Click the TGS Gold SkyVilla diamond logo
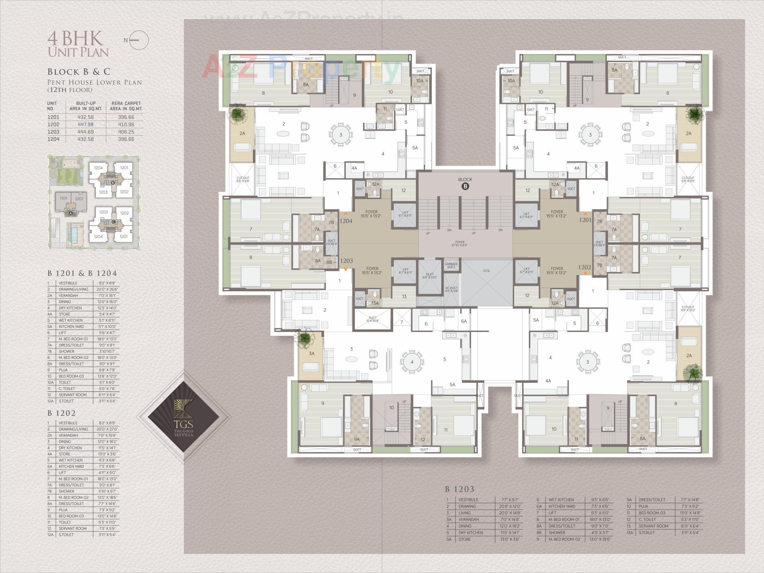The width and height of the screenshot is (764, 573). point(183,417)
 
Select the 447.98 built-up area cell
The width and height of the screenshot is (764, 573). point(86,125)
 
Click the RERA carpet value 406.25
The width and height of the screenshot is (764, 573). point(126,132)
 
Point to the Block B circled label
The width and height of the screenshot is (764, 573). point(465,186)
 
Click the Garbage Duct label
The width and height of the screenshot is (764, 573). point(451,265)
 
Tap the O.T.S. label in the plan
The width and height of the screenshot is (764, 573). point(486,271)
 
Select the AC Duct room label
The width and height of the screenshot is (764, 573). point(451,289)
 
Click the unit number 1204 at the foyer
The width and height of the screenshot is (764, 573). point(346,221)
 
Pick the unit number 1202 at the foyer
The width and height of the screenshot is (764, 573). point(584,267)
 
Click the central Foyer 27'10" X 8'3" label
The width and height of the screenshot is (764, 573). point(460,244)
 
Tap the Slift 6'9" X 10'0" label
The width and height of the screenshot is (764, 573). point(429,276)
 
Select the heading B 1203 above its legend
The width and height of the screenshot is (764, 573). point(460,489)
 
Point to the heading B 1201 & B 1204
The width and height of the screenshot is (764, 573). point(82,273)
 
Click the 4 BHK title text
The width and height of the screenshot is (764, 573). point(75,39)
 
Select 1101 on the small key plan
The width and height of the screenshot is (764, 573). point(63,198)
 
